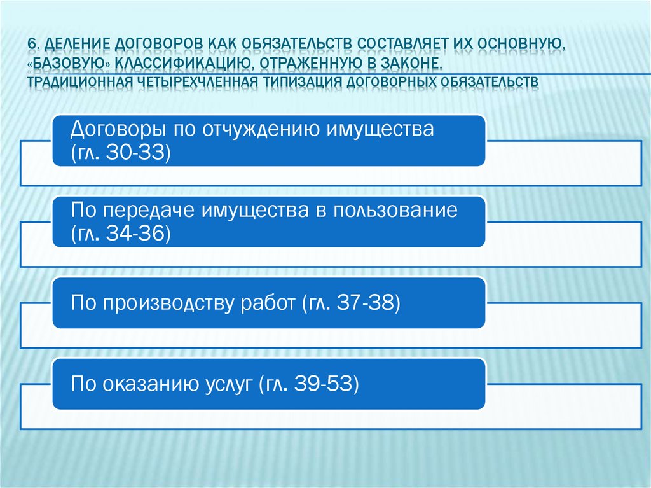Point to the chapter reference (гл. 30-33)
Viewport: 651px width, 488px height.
121,153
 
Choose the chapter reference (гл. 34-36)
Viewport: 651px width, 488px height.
121,234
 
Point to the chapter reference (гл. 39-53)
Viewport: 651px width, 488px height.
309,383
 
